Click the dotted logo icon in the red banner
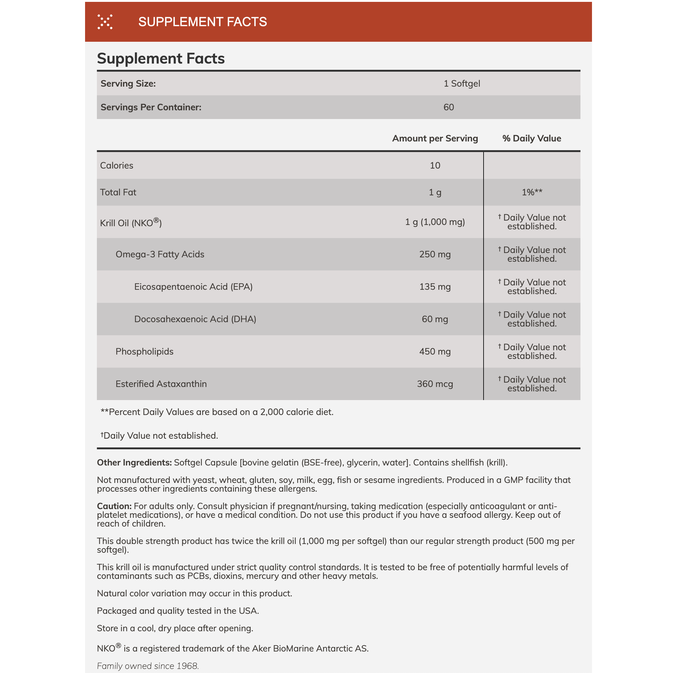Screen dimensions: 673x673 click(105, 21)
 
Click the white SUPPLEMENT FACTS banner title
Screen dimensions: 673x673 click(203, 22)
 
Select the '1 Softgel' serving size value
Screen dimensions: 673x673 click(461, 84)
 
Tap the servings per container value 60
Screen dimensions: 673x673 click(448, 107)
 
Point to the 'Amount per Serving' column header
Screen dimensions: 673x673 click(435, 138)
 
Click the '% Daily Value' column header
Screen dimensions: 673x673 click(531, 138)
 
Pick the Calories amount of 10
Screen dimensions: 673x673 click(435, 165)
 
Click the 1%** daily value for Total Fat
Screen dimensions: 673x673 click(532, 192)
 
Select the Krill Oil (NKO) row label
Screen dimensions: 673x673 click(131, 222)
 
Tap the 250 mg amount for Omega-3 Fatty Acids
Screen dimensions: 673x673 click(435, 254)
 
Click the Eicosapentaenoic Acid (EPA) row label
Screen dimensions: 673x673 click(193, 287)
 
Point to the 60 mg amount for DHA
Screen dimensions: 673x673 click(435, 319)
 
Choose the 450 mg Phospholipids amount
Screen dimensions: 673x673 click(435, 351)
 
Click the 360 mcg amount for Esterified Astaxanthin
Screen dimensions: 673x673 click(435, 384)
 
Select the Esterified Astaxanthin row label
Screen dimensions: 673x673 click(161, 384)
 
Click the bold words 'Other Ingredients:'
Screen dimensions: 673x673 click(134, 462)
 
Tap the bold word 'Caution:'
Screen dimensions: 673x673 click(114, 506)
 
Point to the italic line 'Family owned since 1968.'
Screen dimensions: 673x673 click(148, 666)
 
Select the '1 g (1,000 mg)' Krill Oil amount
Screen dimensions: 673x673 click(435, 222)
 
